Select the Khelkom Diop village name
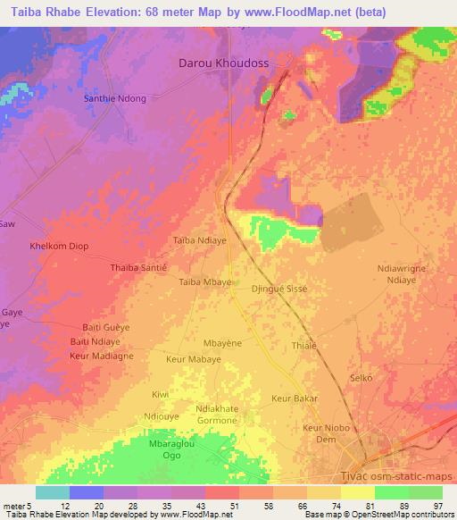click(60, 246)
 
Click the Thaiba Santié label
click(138, 267)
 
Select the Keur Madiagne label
click(101, 356)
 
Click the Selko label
click(361, 379)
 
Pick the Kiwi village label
click(160, 394)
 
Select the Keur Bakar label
click(294, 398)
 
